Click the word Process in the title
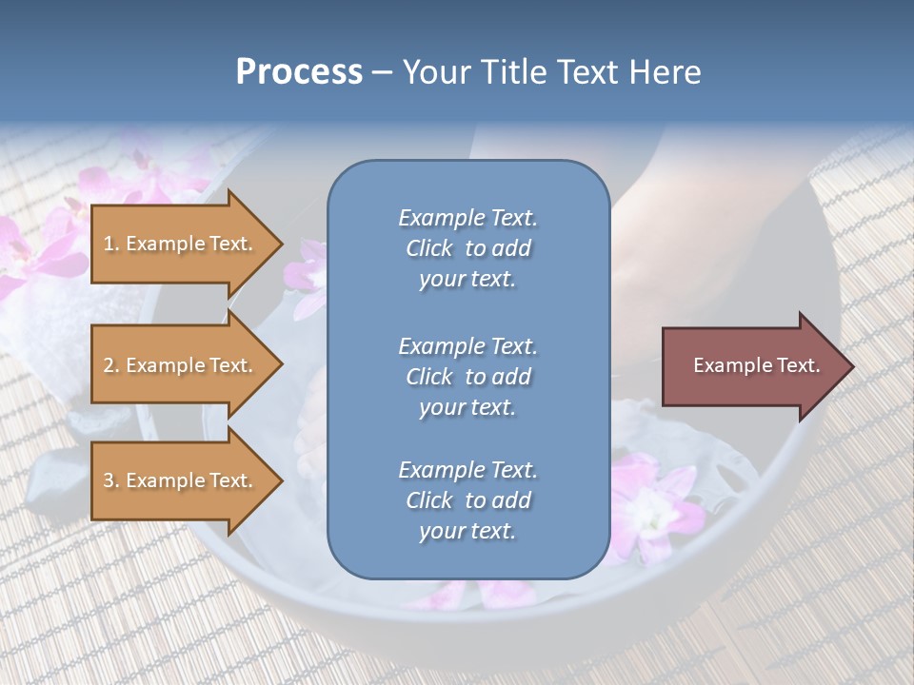point(299,72)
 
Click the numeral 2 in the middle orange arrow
point(109,365)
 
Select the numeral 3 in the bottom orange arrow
point(109,480)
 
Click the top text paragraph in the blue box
point(467,248)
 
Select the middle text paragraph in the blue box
point(467,377)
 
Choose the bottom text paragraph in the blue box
point(467,500)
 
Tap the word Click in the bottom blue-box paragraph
point(428,500)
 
